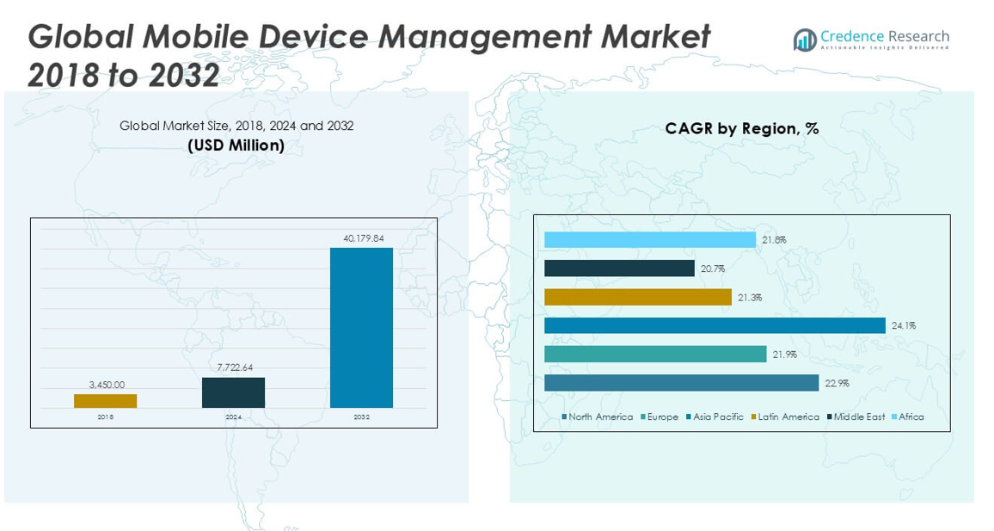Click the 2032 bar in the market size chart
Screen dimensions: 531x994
361,328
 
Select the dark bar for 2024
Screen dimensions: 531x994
233,392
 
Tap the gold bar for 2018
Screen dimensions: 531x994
105,401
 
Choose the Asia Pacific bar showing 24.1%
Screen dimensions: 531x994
715,325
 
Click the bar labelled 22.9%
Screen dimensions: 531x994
681,383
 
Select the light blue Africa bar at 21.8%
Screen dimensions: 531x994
650,240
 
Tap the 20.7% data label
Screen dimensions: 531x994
713,269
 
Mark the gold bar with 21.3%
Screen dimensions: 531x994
638,297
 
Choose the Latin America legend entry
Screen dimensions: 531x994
785,417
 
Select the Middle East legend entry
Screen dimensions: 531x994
856,417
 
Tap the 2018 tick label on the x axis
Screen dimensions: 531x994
105,417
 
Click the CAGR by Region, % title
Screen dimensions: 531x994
741,129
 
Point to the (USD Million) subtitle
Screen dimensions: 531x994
236,146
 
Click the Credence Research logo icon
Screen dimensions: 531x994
805,40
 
